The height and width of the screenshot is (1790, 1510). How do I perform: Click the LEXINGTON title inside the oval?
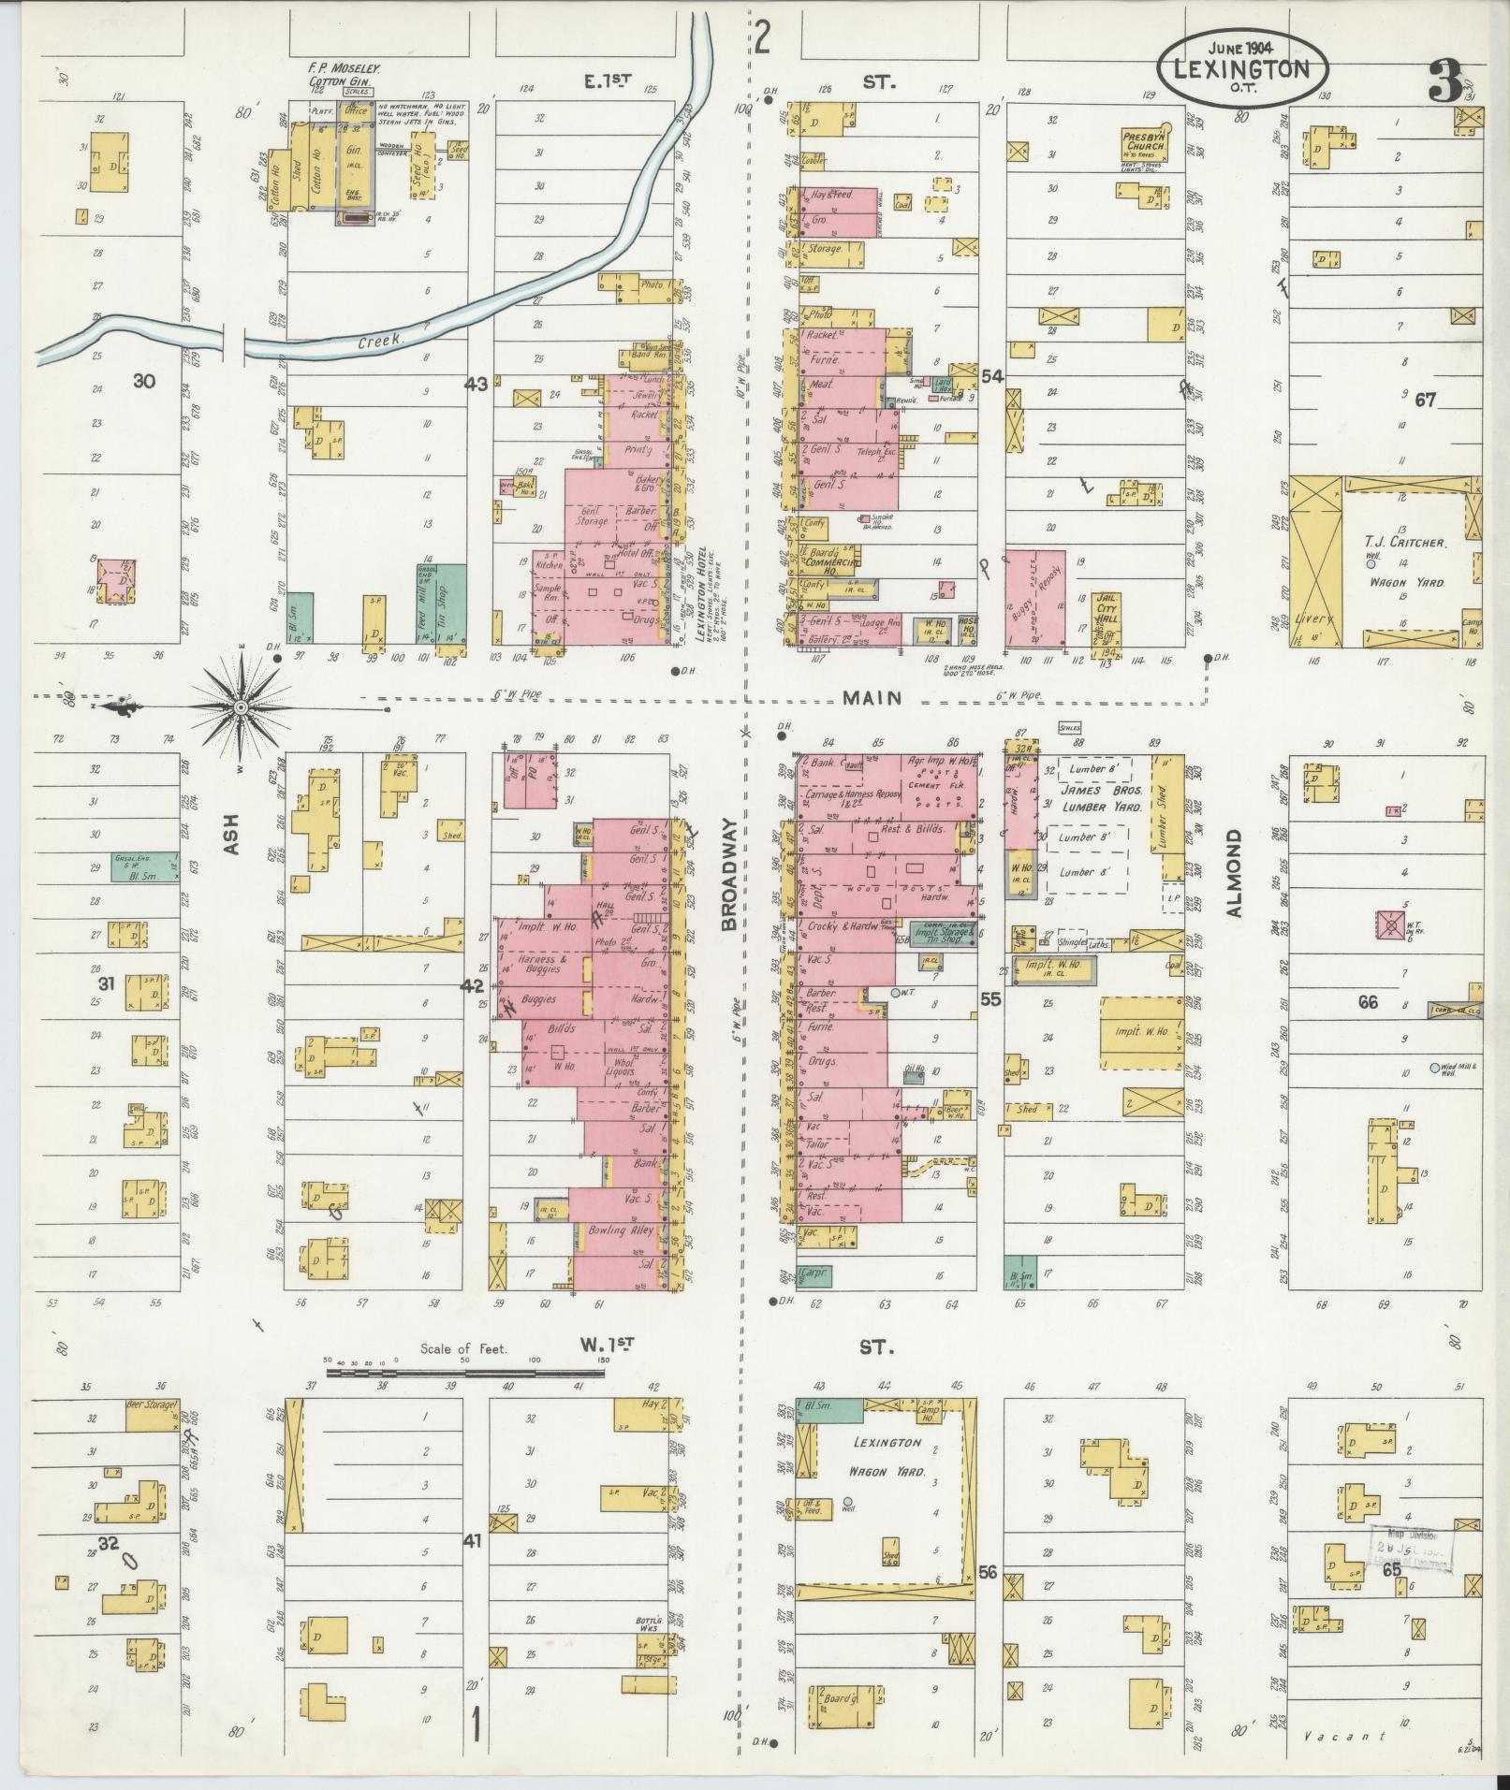click(1242, 69)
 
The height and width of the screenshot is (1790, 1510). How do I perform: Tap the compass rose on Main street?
click(240, 708)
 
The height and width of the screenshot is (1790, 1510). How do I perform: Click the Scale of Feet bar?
click(465, 1373)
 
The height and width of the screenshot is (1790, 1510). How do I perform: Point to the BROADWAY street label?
click(731, 871)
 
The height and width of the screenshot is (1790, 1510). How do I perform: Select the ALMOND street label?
click(1234, 872)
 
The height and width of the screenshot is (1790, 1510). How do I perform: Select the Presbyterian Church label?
click(1144, 141)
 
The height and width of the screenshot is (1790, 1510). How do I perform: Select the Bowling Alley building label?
click(620, 1230)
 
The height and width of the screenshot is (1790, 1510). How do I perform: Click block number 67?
click(1425, 400)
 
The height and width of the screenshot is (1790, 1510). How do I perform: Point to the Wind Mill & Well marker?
click(1434, 1069)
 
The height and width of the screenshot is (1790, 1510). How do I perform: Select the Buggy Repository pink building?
click(1035, 599)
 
